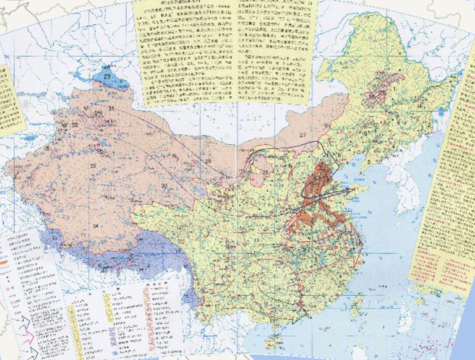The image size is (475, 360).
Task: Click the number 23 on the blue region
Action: click(x=108, y=76)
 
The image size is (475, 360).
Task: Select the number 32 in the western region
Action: click(x=74, y=125)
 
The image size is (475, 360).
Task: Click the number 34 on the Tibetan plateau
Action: click(x=95, y=226)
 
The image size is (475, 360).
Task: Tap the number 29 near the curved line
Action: click(x=208, y=161)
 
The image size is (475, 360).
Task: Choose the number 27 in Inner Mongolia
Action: click(x=302, y=135)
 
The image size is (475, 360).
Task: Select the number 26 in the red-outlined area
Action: click(x=372, y=96)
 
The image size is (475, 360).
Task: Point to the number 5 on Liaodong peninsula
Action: click(x=369, y=162)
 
